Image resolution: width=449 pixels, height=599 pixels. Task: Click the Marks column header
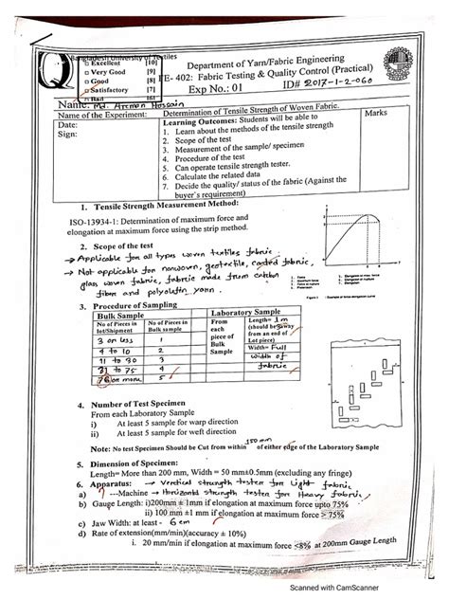click(x=379, y=114)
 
